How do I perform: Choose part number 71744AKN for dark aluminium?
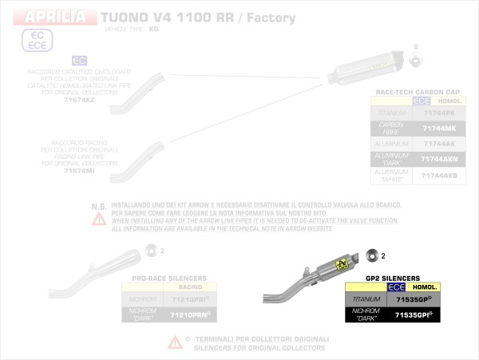440,159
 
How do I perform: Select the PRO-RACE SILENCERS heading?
168,279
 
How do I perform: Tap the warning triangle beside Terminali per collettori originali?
174,342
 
